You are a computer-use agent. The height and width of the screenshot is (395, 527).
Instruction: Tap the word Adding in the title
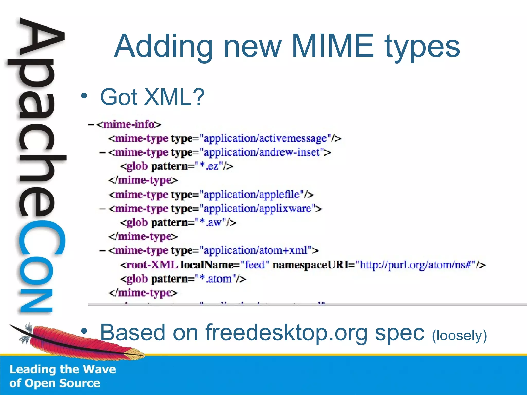[x=163, y=46]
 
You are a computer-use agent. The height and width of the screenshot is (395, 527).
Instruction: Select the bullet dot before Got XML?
[x=84, y=96]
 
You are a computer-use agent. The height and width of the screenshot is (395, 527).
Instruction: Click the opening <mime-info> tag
[x=129, y=125]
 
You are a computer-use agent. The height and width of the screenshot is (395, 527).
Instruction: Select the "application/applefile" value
[x=251, y=195]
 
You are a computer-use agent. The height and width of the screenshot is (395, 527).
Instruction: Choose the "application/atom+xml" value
[x=256, y=250]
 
